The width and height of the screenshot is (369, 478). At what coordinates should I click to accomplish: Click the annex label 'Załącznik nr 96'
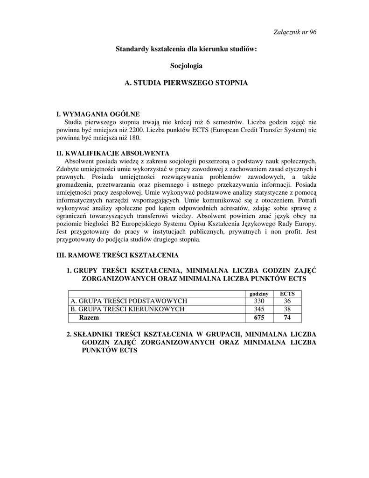(x=295, y=32)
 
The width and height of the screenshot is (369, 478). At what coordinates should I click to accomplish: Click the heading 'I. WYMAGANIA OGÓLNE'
(x=97, y=114)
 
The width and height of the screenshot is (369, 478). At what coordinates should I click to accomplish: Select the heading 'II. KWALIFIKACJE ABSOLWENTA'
(x=112, y=153)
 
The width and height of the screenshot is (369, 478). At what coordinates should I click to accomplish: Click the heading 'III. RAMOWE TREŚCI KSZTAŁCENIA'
(x=117, y=255)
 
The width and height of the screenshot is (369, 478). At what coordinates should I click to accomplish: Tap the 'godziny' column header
(x=259, y=294)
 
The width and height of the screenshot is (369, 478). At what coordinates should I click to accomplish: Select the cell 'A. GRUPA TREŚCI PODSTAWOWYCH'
(x=129, y=301)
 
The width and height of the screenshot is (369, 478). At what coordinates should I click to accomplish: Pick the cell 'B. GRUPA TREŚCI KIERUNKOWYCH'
(x=127, y=309)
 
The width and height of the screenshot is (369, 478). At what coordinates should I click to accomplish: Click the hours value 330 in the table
(x=259, y=301)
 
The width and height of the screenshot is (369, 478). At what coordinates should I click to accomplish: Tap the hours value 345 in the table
(x=259, y=309)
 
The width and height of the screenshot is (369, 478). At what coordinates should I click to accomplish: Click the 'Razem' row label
(x=89, y=317)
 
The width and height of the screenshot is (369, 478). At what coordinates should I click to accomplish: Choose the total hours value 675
(x=259, y=317)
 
